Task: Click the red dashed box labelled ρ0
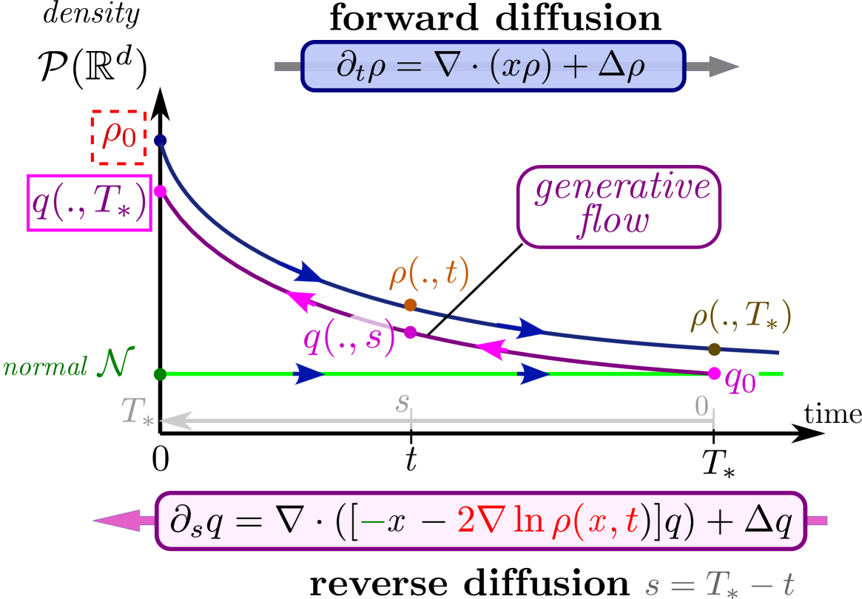[118, 138]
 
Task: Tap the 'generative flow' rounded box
[618, 206]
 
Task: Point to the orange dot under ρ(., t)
[411, 305]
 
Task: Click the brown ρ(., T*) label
[741, 316]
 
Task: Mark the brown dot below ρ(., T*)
[714, 349]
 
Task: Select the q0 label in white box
[740, 380]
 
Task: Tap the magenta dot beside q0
[714, 373]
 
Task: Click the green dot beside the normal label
[160, 374]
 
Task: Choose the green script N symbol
[115, 364]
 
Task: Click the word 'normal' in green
[46, 367]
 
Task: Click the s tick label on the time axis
[403, 403]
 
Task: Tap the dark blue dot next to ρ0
[160, 141]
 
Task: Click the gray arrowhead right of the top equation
[713, 67]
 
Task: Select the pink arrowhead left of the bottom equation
[122, 521]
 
